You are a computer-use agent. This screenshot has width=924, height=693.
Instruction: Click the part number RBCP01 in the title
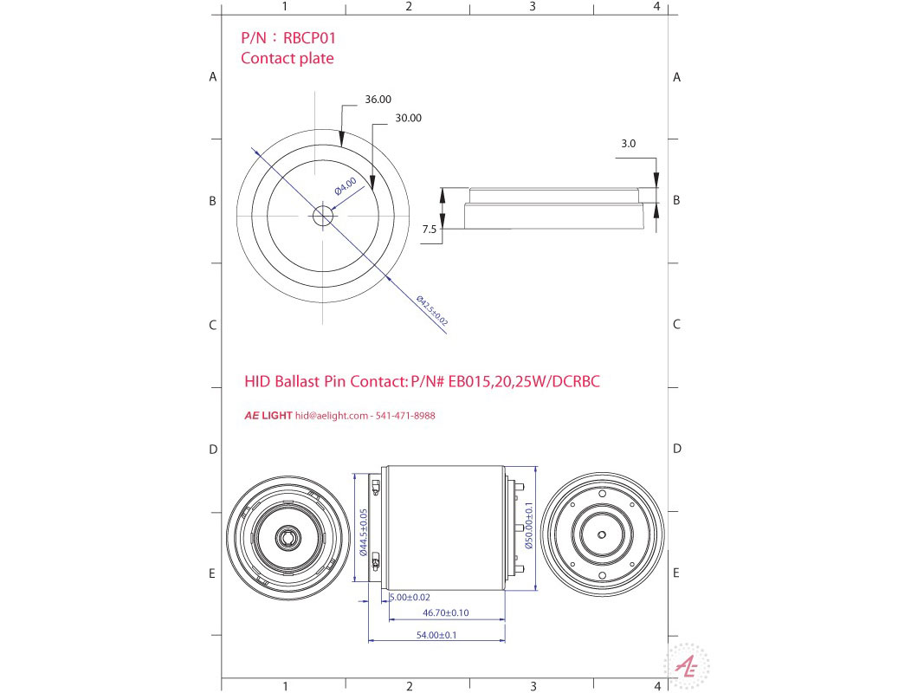click(310, 38)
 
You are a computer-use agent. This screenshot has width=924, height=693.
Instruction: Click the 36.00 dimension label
click(378, 100)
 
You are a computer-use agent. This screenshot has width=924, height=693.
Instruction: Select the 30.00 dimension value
click(408, 118)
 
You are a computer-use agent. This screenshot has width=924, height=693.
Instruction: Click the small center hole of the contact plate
click(322, 215)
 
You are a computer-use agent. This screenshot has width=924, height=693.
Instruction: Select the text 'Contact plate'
click(287, 59)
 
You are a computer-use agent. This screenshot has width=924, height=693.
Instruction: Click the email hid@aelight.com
click(332, 416)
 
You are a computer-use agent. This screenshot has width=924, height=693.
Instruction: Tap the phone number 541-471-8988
click(405, 416)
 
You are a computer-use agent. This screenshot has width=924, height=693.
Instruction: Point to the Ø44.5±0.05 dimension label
click(364, 532)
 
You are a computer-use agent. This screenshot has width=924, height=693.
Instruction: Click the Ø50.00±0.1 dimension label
click(528, 527)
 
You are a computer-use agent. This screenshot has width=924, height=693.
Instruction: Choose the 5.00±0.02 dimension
click(410, 598)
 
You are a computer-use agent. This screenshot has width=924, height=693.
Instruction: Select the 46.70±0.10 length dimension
click(445, 612)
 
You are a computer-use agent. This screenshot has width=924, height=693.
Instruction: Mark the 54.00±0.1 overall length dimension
click(436, 635)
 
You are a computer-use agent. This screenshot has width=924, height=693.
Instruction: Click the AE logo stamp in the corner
click(686, 666)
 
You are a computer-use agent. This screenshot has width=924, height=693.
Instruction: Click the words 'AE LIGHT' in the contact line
click(268, 416)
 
